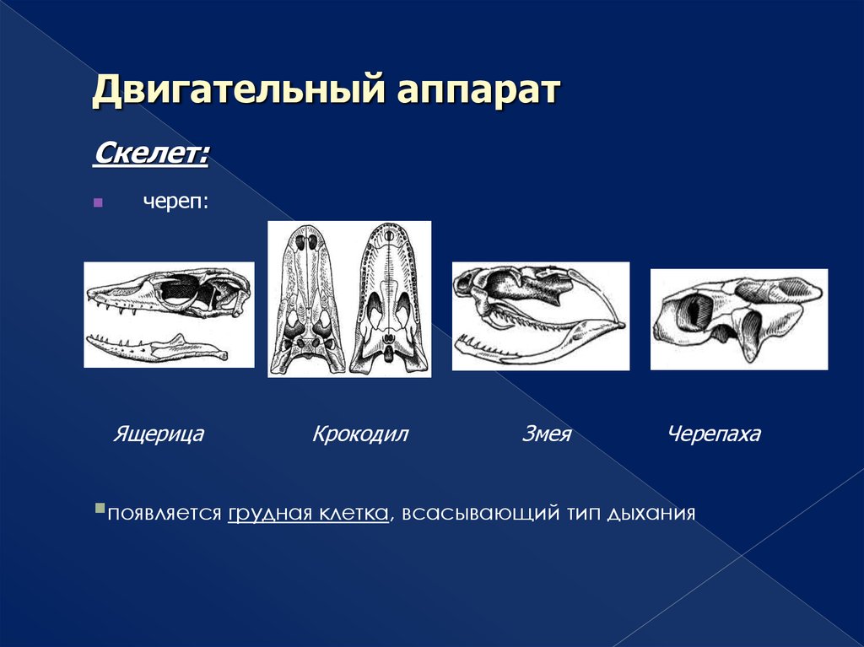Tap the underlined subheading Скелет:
[x=150, y=154]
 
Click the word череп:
[x=175, y=202]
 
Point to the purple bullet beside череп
[x=98, y=202]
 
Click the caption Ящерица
[x=158, y=434]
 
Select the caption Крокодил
[x=359, y=434]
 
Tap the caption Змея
[x=546, y=434]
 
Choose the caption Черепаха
[x=714, y=434]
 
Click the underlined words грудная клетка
[x=308, y=513]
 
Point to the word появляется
[x=165, y=514]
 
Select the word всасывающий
[x=480, y=514]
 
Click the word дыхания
[x=651, y=514]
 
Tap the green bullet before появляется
[x=100, y=508]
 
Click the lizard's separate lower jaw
[x=157, y=348]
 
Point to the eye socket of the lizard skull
[x=179, y=288]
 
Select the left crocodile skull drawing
[x=307, y=299]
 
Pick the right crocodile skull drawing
[x=389, y=299]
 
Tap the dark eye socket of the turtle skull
[x=692, y=311]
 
